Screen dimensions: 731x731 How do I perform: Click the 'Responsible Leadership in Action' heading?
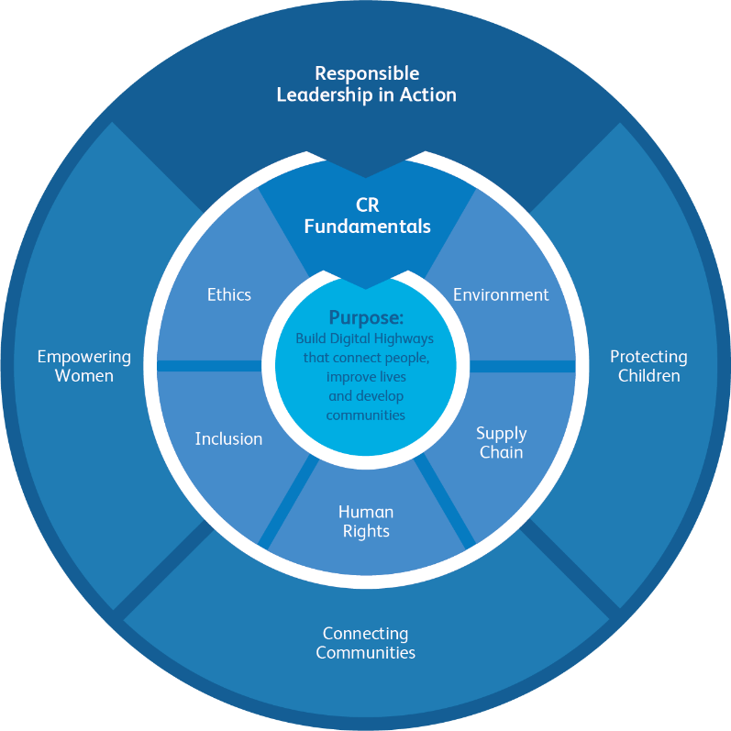coord(366,83)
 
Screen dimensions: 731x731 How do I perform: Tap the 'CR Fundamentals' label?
coord(367,216)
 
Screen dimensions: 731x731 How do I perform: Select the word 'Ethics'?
coord(228,294)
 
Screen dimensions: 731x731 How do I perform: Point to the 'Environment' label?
coord(501,294)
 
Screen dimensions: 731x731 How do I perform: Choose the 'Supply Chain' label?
coord(501,442)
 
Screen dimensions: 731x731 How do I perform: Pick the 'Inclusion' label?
coord(228,438)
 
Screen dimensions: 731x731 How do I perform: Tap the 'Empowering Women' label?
coord(83,366)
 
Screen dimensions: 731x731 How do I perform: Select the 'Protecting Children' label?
coord(648,366)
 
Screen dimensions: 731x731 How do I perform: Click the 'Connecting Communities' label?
coord(366,643)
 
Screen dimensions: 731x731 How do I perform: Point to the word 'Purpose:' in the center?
coord(366,318)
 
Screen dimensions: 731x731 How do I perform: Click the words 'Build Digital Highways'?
coord(365,338)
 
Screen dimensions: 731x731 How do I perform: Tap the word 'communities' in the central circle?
coord(365,415)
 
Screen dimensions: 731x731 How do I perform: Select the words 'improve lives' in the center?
coord(366,377)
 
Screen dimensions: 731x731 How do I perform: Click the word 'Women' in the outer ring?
coord(83,376)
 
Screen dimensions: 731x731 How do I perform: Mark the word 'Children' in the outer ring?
coord(648,376)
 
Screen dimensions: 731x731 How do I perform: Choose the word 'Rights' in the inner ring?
coord(365,531)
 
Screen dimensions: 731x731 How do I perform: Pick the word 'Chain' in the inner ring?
coord(501,452)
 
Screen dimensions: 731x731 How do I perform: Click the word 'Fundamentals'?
coord(367,227)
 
